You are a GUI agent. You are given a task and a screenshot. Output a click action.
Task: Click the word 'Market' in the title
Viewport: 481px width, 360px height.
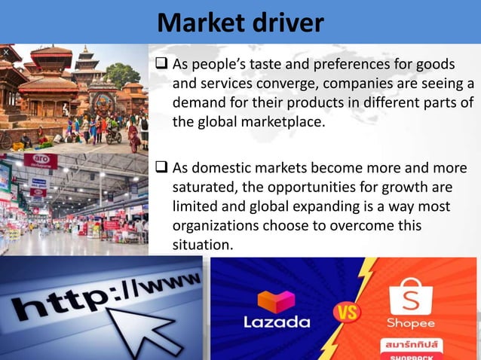click(x=202, y=23)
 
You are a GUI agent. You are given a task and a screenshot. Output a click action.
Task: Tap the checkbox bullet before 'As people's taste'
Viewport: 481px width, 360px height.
click(x=162, y=64)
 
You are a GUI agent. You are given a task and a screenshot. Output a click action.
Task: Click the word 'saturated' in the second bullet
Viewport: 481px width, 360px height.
click(x=204, y=186)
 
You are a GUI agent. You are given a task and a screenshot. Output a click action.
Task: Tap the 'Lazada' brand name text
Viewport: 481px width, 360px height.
click(x=277, y=322)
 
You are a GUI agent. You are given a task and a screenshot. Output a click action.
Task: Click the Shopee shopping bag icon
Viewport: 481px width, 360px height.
click(x=411, y=294)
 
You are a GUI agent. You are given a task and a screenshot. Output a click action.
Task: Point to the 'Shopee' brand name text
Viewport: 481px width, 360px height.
click(x=411, y=323)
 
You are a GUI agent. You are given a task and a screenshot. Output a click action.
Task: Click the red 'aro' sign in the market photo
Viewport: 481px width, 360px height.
click(x=40, y=161)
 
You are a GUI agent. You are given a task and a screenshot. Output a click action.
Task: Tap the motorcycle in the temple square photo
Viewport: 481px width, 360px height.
click(x=114, y=136)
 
